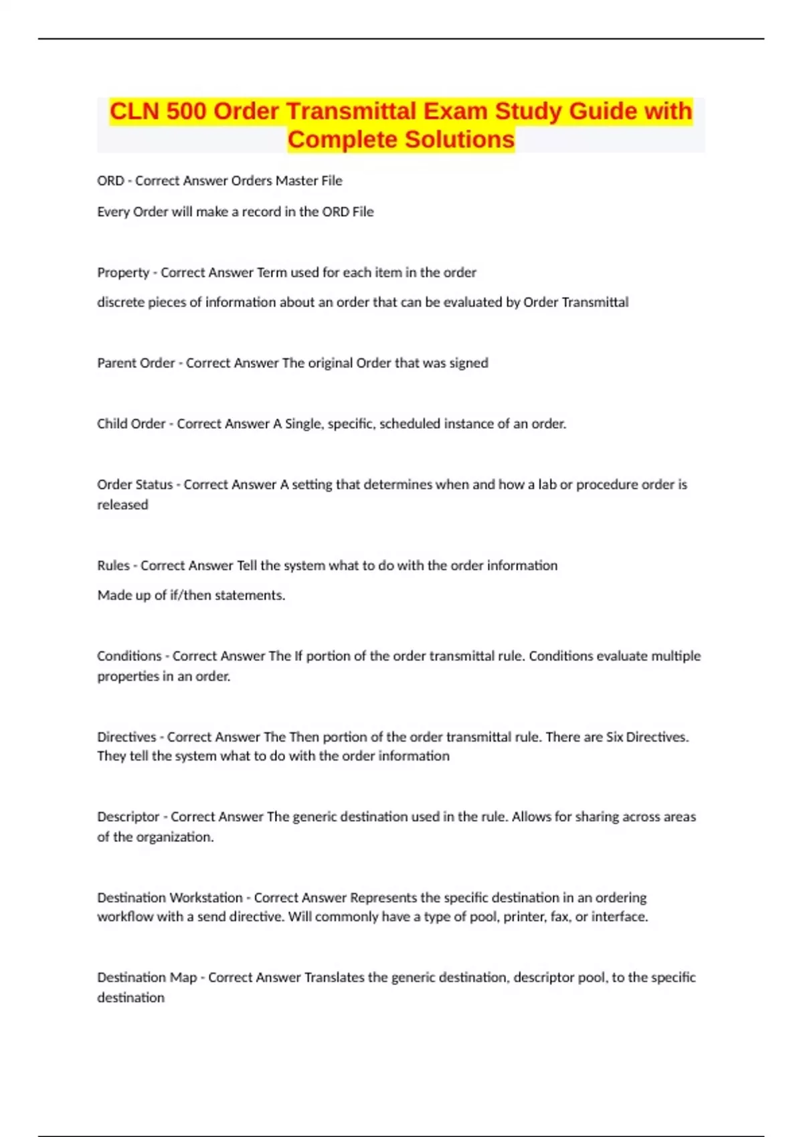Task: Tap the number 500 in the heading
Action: [x=187, y=111]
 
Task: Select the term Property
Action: [x=123, y=273]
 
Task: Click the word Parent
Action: [x=116, y=363]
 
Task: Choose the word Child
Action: [x=113, y=424]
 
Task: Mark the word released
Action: [x=122, y=505]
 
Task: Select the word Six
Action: [x=614, y=737]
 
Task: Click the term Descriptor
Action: [x=128, y=817]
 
